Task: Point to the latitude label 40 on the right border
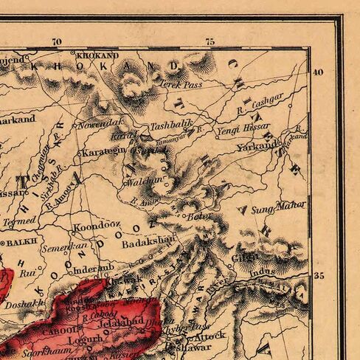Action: click(x=318, y=72)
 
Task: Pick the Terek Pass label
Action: click(x=181, y=84)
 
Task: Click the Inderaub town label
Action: click(x=91, y=268)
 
